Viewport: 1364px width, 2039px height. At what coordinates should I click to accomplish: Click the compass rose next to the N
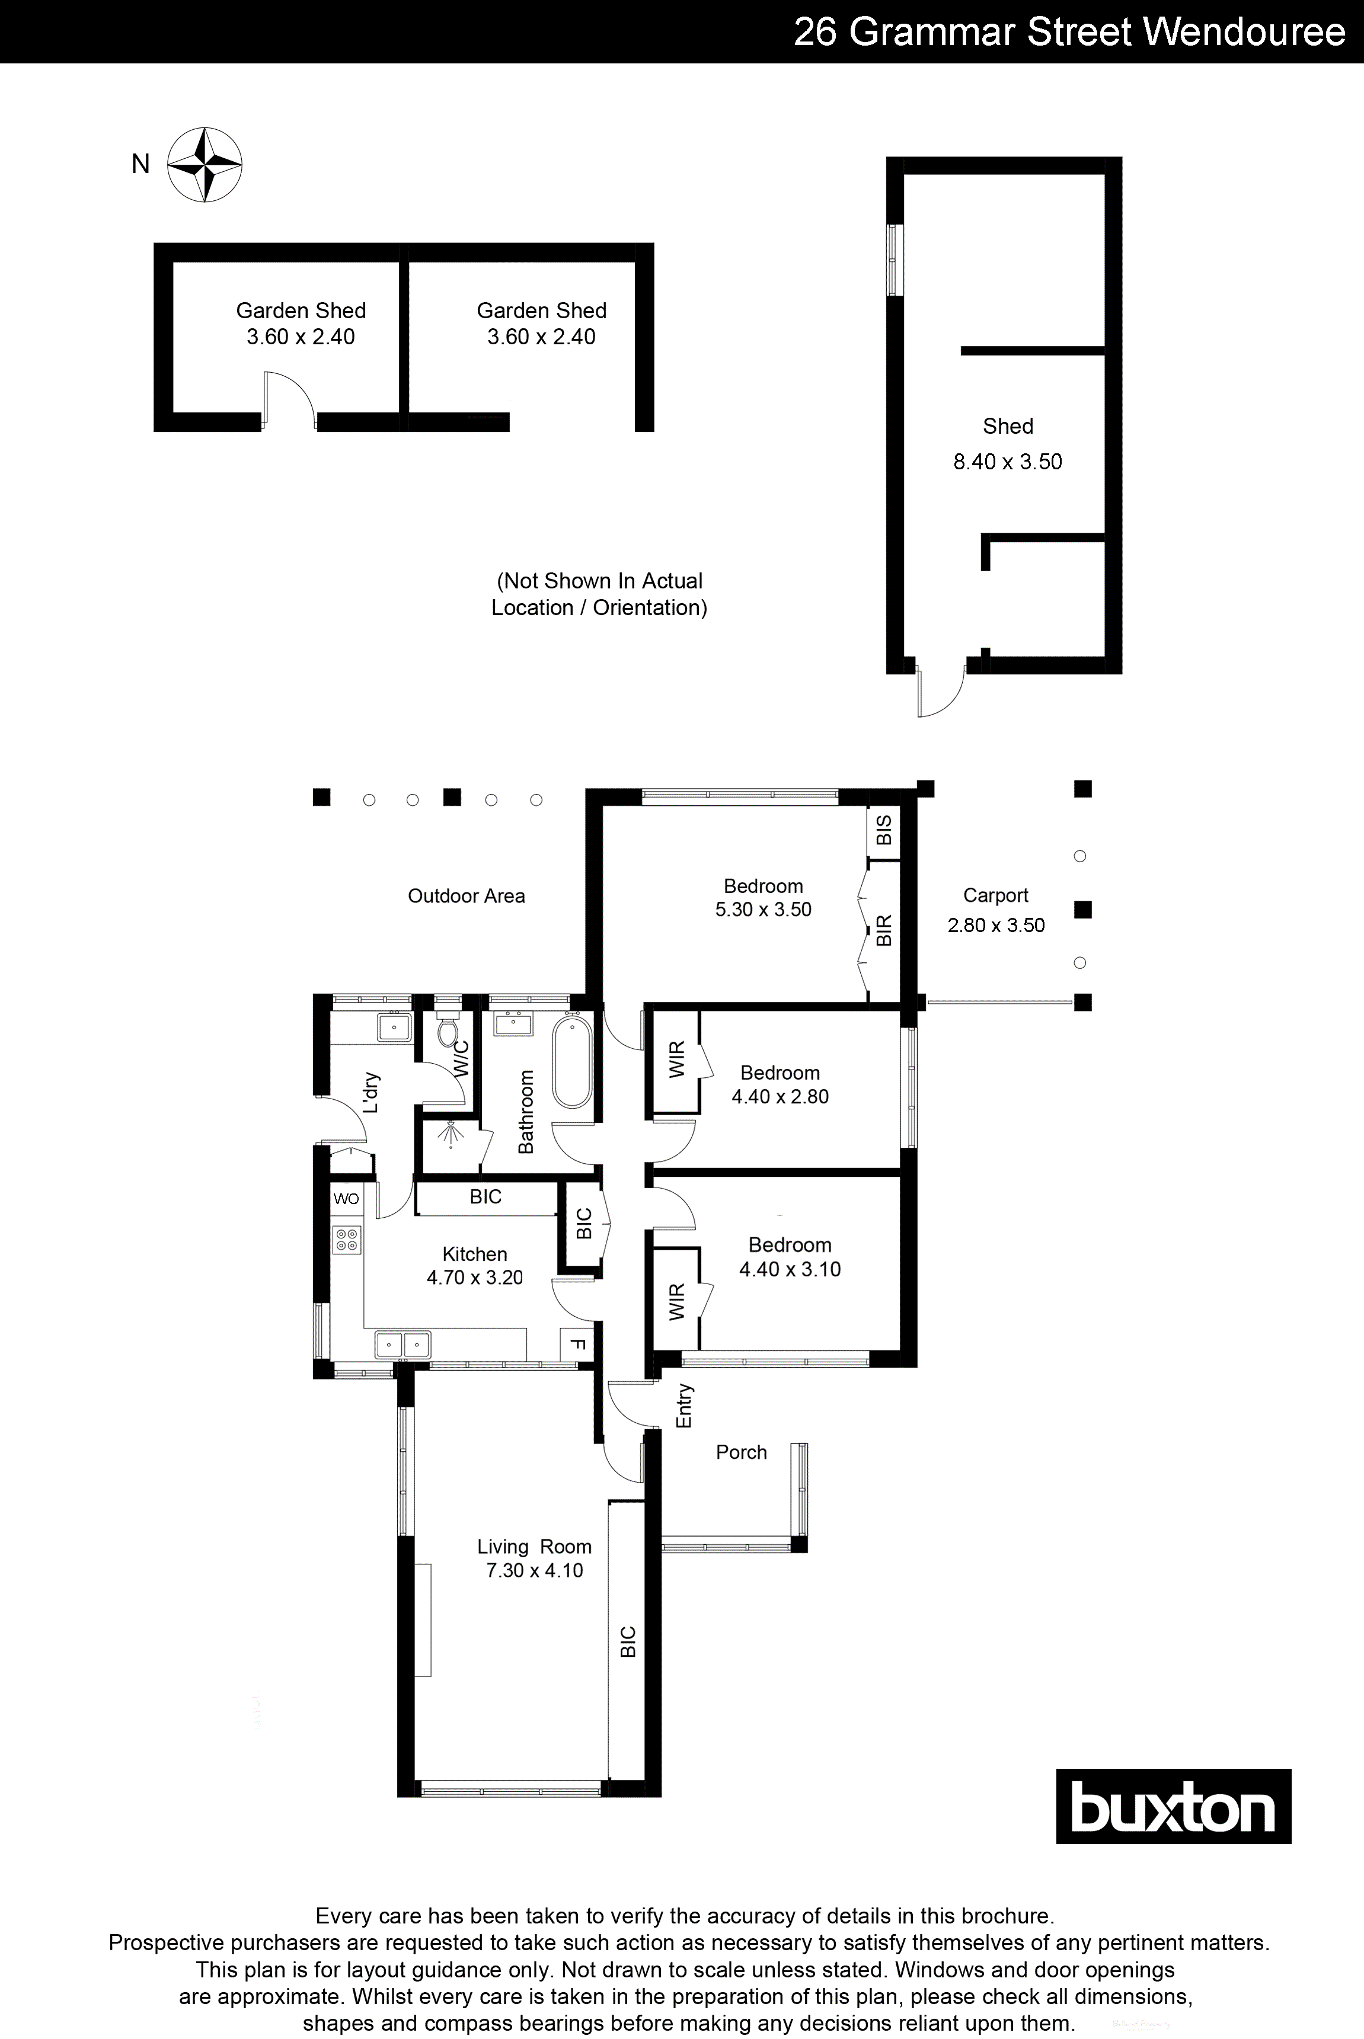[205, 165]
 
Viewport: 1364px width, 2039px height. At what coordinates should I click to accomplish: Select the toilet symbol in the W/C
[447, 1031]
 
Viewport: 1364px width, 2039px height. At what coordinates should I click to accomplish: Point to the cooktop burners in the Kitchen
[346, 1239]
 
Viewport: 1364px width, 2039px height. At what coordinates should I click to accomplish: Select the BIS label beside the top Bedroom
[884, 830]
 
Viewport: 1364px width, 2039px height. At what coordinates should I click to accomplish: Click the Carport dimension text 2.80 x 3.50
[996, 925]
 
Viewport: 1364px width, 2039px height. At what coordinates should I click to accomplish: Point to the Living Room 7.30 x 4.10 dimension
[534, 1570]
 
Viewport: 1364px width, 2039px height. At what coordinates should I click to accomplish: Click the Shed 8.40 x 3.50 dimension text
[1007, 462]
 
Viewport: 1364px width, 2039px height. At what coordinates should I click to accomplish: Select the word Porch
[741, 1452]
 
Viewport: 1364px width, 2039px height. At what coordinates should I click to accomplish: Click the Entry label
[685, 1406]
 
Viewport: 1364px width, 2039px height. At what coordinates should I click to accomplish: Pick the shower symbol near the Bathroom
[451, 1135]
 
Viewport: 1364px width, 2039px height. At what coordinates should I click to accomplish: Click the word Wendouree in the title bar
[1243, 32]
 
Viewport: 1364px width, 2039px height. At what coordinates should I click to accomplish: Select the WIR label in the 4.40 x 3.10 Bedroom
[678, 1302]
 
